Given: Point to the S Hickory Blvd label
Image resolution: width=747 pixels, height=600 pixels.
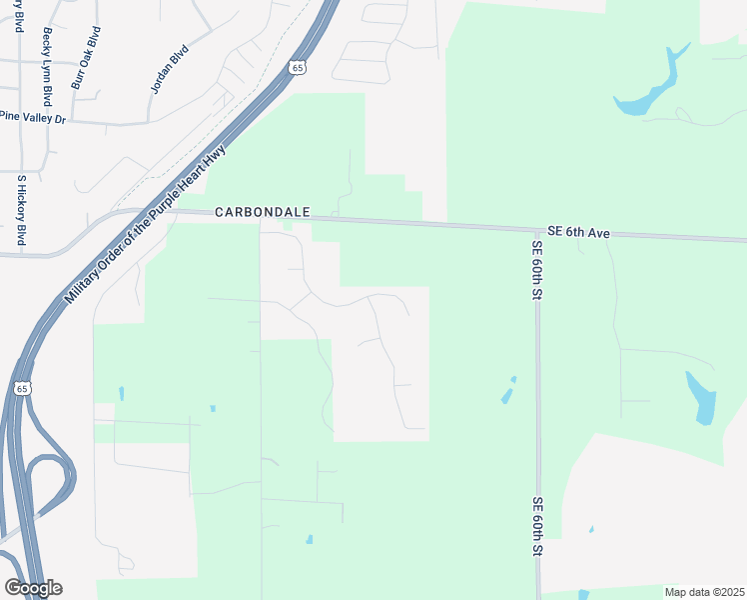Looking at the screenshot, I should click(20, 210).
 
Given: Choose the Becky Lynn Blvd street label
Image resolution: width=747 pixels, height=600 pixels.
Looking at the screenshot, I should click(46, 67).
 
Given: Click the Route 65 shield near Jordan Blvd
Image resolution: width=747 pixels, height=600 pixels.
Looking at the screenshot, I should click(296, 67).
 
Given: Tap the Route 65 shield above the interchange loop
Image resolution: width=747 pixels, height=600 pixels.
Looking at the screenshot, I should click(22, 387).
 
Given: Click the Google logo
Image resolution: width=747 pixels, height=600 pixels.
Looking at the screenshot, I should click(33, 588).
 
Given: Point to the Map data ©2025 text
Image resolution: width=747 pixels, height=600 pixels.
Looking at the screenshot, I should click(704, 592).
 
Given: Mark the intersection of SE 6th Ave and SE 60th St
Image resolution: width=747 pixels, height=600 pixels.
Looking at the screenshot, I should click(536, 230).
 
